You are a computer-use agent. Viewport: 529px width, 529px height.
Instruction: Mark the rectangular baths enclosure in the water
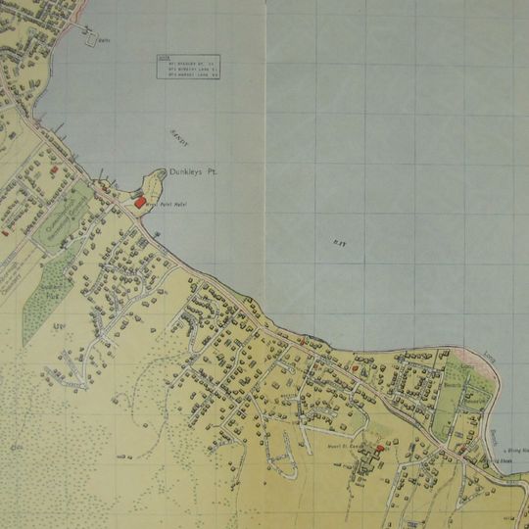(97, 39)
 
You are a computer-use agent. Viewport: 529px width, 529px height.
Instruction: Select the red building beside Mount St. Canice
(379, 449)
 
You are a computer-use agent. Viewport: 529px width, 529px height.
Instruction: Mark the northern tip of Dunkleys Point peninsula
(156, 170)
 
